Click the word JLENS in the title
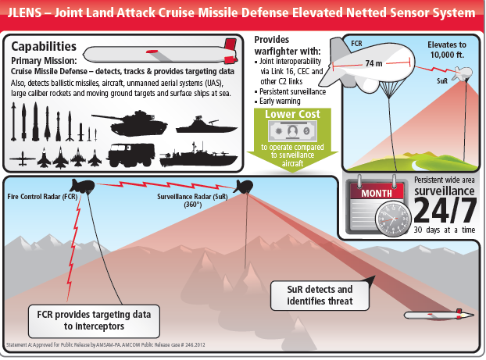coord(30,13)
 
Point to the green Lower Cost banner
coord(293,114)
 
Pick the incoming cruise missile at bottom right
coord(438,315)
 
